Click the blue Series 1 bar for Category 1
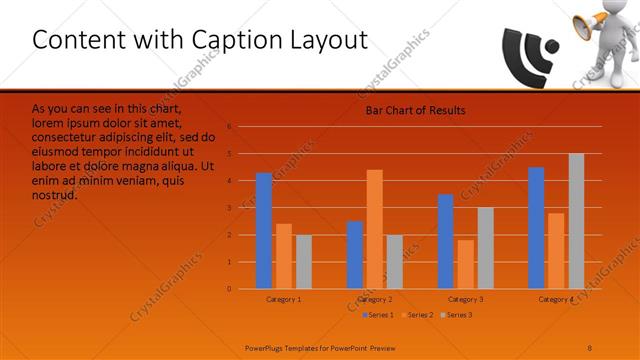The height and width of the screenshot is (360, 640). [264, 231]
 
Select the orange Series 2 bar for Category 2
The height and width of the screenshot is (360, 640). [374, 229]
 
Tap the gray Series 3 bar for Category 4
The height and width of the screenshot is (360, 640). [576, 221]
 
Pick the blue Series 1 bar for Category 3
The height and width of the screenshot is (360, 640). [445, 241]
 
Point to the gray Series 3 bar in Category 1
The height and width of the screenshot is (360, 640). [303, 261]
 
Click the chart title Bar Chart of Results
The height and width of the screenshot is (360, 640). [415, 110]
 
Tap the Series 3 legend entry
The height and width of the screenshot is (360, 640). [456, 315]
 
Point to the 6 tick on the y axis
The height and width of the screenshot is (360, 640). [229, 127]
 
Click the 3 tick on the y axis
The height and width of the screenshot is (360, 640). [229, 208]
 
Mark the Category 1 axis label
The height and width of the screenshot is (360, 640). [284, 299]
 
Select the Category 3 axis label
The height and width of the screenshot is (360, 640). [465, 299]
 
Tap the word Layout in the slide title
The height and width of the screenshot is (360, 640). [330, 40]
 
